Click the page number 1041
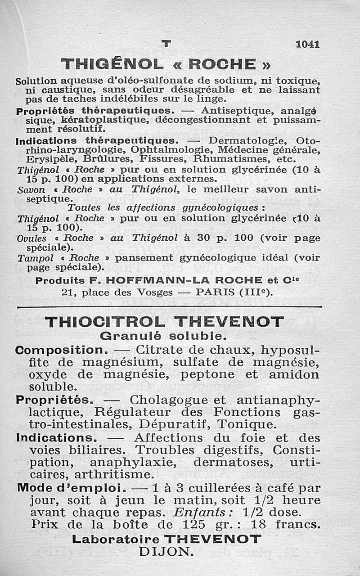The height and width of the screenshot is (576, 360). point(308,44)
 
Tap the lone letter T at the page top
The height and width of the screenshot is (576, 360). point(166,44)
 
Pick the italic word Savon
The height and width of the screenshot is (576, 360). point(29,190)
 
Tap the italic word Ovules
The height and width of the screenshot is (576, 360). point(30,238)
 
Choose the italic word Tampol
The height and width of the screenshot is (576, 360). point(31,258)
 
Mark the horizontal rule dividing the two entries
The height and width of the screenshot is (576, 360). point(169,307)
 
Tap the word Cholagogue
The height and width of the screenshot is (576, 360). point(168,400)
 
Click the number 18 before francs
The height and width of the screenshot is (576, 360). point(258,525)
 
